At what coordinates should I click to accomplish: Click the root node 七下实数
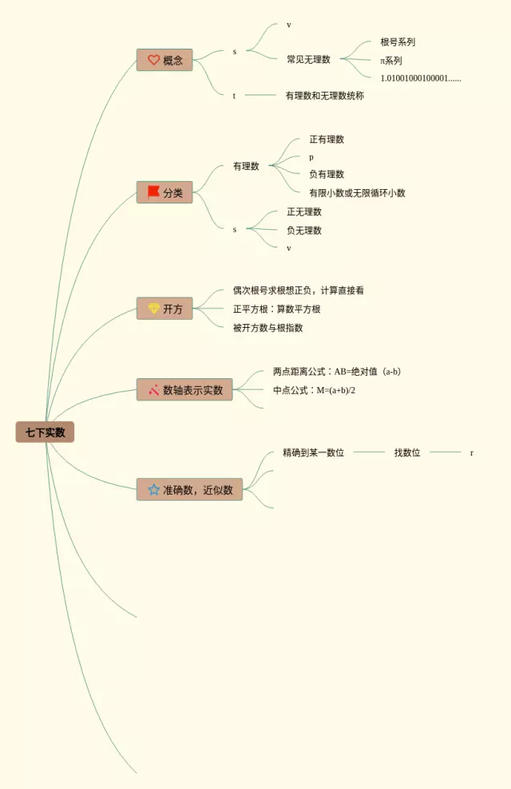pyautogui.click(x=45, y=432)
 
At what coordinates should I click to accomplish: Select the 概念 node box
pyautogui.click(x=164, y=60)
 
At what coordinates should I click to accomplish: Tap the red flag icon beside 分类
pyautogui.click(x=153, y=192)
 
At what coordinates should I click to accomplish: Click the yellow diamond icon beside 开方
pyautogui.click(x=153, y=309)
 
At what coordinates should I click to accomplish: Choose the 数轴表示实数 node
pyautogui.click(x=184, y=390)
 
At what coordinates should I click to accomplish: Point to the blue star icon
pyautogui.click(x=153, y=490)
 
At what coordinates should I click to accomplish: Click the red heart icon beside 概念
pyautogui.click(x=153, y=60)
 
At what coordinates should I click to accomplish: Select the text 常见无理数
pyautogui.click(x=308, y=59)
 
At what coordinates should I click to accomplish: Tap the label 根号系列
pyautogui.click(x=398, y=42)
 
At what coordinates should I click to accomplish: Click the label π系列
pyautogui.click(x=391, y=61)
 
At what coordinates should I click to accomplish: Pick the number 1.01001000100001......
pyautogui.click(x=421, y=78)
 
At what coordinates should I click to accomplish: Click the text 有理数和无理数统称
pyautogui.click(x=324, y=96)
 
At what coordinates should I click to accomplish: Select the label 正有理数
pyautogui.click(x=327, y=140)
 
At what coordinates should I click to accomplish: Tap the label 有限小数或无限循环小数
pyautogui.click(x=357, y=193)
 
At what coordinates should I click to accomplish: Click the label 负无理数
pyautogui.click(x=304, y=231)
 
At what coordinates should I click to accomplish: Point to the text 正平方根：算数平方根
pyautogui.click(x=276, y=310)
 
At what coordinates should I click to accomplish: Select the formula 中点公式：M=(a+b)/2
pyautogui.click(x=314, y=391)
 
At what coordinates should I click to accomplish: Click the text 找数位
pyautogui.click(x=407, y=453)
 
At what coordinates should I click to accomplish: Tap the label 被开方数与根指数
pyautogui.click(x=267, y=328)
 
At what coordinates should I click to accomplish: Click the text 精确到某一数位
pyautogui.click(x=313, y=453)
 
